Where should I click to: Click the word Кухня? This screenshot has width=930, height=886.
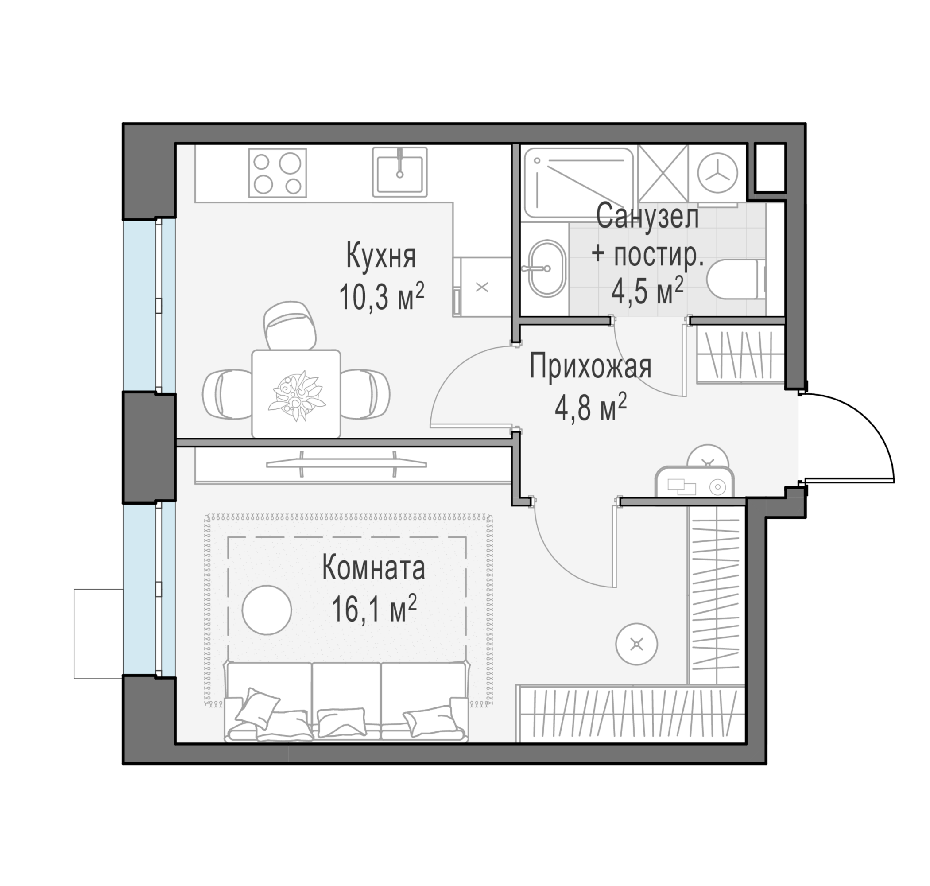point(381,256)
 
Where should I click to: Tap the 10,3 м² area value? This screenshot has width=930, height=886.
point(381,296)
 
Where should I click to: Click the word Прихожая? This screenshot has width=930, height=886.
point(591,367)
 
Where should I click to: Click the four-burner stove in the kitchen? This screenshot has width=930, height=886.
point(278,173)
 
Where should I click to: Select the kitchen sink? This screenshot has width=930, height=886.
point(400,172)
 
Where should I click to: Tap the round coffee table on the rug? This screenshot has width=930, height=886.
point(267,610)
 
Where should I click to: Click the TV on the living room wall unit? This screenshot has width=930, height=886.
point(346,464)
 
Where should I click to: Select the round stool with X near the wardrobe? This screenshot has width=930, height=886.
point(637,644)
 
